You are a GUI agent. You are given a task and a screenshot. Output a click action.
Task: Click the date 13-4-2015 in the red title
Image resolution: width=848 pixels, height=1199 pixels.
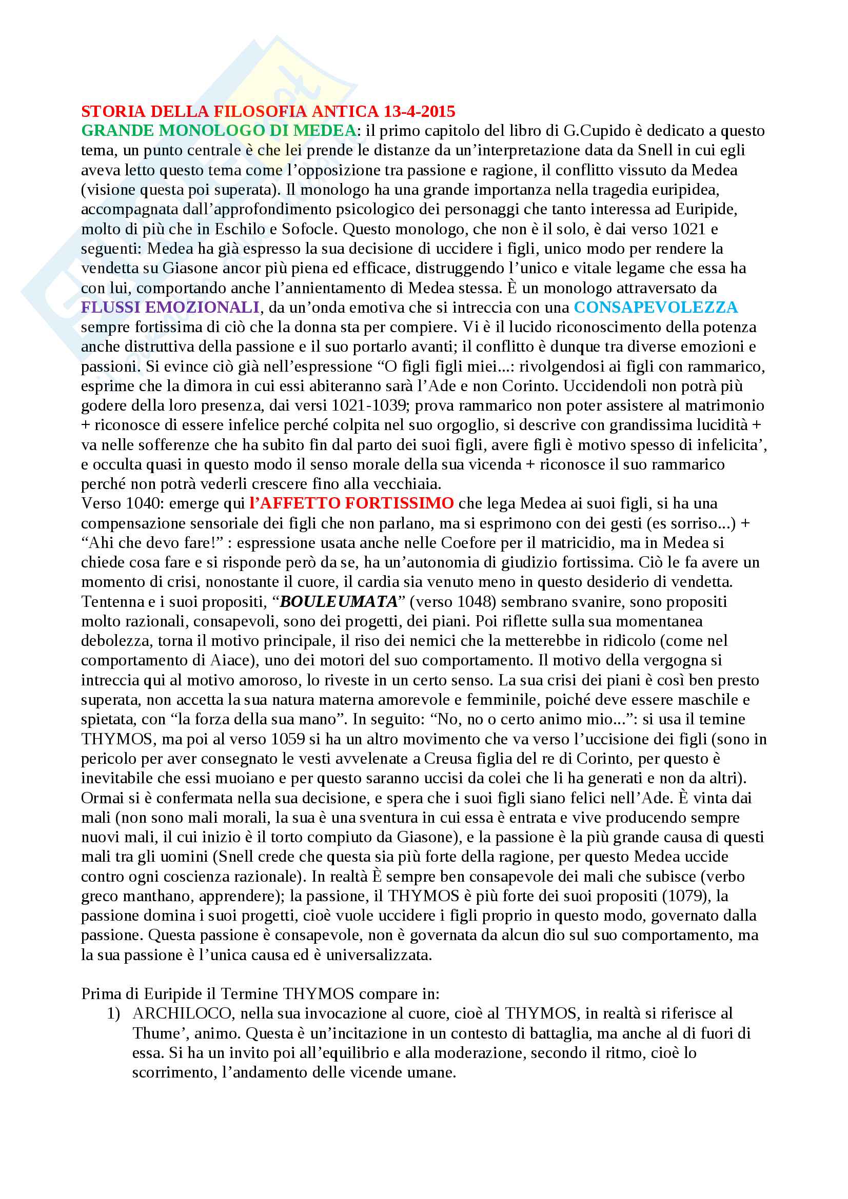[419, 111]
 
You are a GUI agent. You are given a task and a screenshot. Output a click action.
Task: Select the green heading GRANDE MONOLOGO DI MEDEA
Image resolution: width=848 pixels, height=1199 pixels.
[219, 131]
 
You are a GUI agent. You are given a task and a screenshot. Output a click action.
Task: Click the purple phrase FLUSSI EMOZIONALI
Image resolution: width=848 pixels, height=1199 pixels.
[170, 307]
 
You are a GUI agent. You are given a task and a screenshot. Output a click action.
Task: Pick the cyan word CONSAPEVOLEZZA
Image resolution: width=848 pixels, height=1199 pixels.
[656, 307]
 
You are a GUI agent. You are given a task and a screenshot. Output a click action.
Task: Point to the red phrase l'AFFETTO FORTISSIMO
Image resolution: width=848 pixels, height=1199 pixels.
[351, 503]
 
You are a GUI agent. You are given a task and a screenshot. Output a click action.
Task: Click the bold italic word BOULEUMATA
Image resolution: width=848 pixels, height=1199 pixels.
[339, 601]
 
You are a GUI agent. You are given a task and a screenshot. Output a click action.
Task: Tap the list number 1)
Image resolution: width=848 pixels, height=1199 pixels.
[113, 1013]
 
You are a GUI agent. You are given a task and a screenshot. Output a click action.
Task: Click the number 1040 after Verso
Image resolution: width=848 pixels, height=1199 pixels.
[143, 503]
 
